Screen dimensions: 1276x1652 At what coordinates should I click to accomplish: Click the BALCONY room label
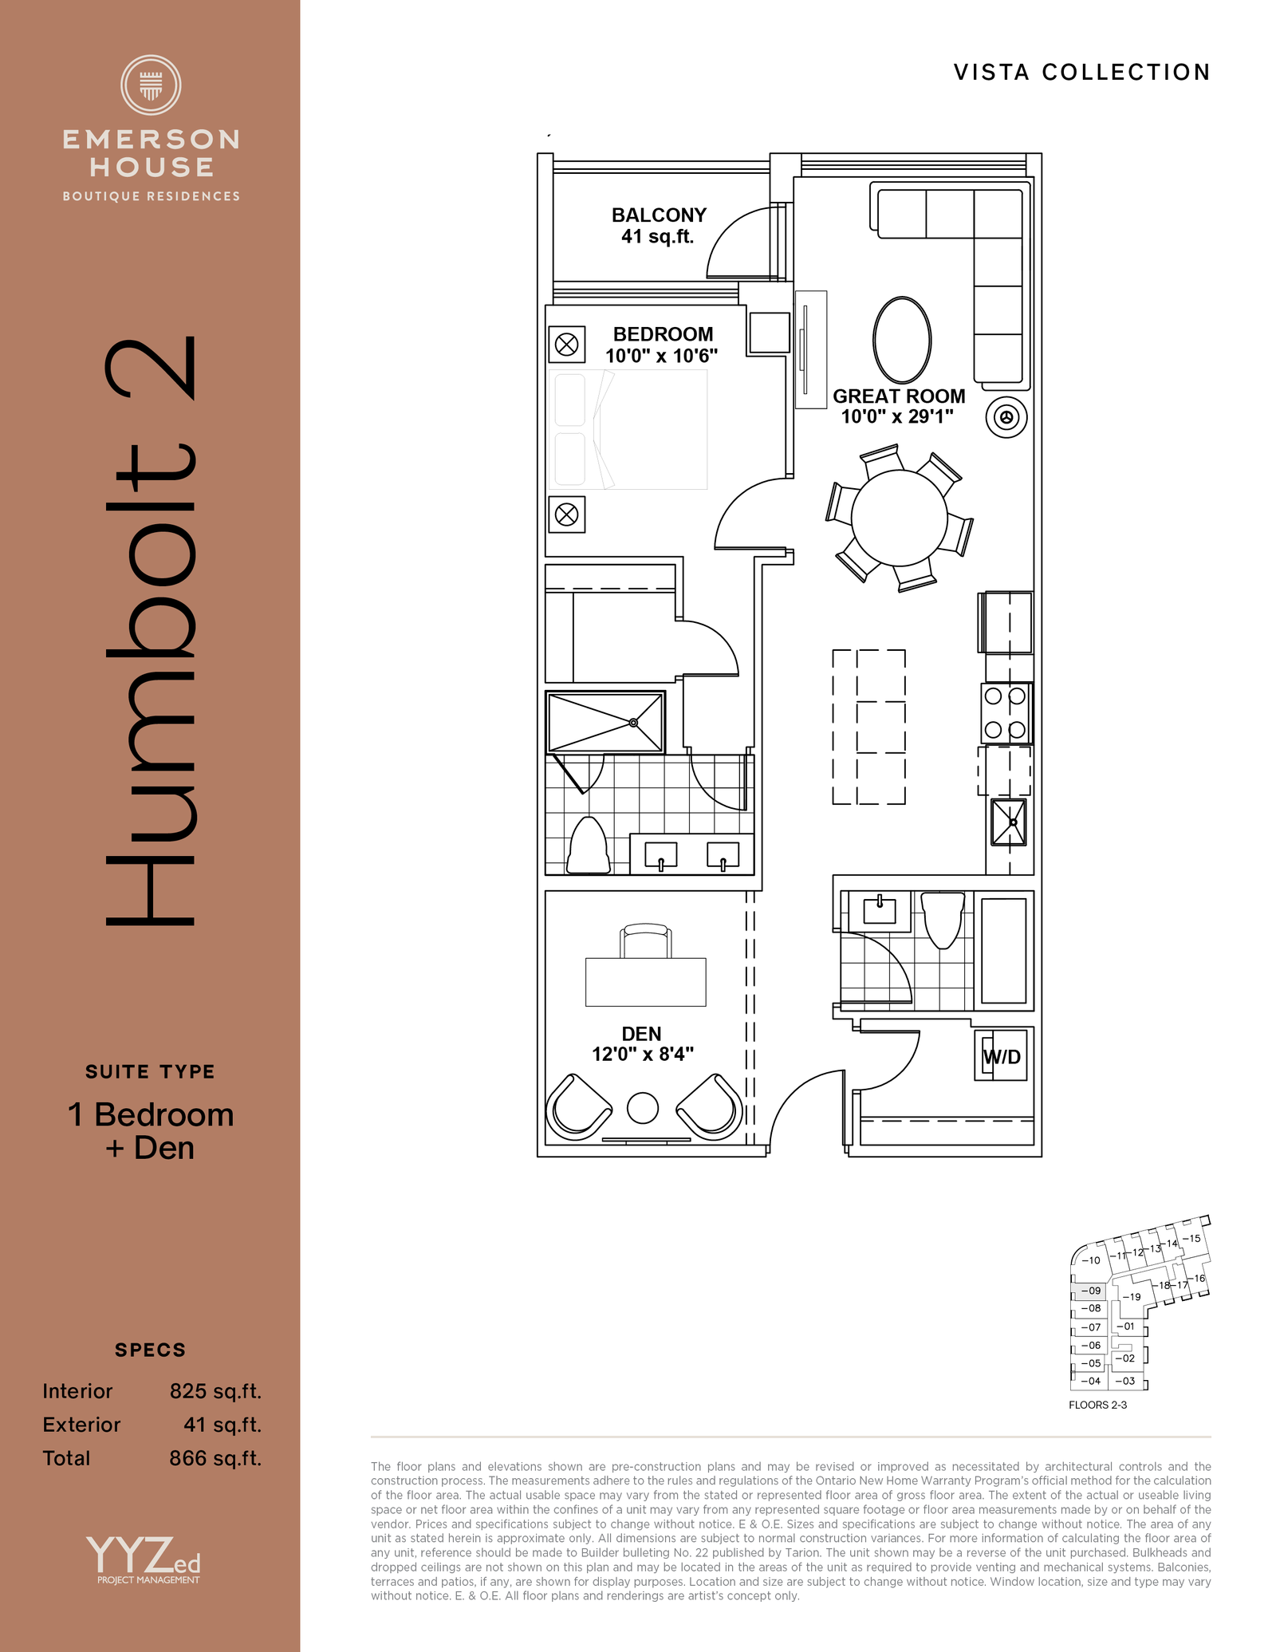click(659, 215)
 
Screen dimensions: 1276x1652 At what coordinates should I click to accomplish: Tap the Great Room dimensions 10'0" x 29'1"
click(897, 416)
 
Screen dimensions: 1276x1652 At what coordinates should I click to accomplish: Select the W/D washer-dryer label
click(1002, 1057)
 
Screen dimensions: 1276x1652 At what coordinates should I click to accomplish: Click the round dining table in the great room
click(899, 518)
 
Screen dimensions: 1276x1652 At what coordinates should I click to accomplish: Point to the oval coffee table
click(902, 340)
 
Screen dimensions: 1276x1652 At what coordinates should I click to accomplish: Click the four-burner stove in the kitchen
click(1006, 713)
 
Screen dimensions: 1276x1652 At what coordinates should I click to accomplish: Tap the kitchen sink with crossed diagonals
click(1009, 822)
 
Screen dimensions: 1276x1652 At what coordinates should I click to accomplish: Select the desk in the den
click(646, 982)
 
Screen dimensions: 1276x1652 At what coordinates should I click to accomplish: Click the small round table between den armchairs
click(643, 1107)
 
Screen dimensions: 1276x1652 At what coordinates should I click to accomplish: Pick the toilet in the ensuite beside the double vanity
click(589, 846)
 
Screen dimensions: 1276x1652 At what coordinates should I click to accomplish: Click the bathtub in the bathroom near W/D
click(1003, 950)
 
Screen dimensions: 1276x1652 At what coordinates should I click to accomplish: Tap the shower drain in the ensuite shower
click(633, 723)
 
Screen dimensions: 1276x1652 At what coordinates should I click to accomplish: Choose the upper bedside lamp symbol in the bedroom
click(567, 345)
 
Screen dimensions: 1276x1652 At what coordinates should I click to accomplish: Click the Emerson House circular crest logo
click(151, 85)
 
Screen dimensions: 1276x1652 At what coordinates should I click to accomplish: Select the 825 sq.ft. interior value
click(215, 1391)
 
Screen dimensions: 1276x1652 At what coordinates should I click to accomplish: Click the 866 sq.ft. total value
click(215, 1458)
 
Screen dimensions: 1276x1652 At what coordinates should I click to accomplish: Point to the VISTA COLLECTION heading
click(1082, 73)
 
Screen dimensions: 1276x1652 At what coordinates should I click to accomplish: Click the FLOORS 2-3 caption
click(1098, 1405)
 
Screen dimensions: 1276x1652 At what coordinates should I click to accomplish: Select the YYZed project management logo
click(144, 1560)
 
